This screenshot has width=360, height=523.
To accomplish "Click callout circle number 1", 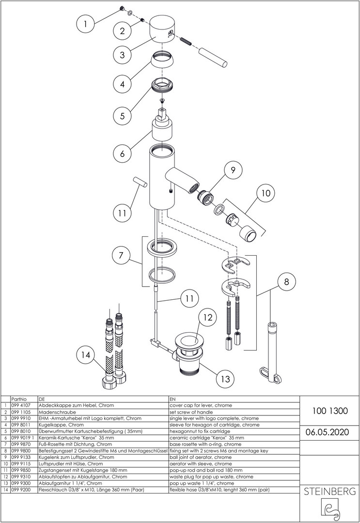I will [x=86, y=23].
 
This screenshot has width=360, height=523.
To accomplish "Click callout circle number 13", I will [x=224, y=378].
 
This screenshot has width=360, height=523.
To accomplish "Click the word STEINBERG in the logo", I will [x=329, y=492].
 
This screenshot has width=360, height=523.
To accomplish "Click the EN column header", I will [x=173, y=400].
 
